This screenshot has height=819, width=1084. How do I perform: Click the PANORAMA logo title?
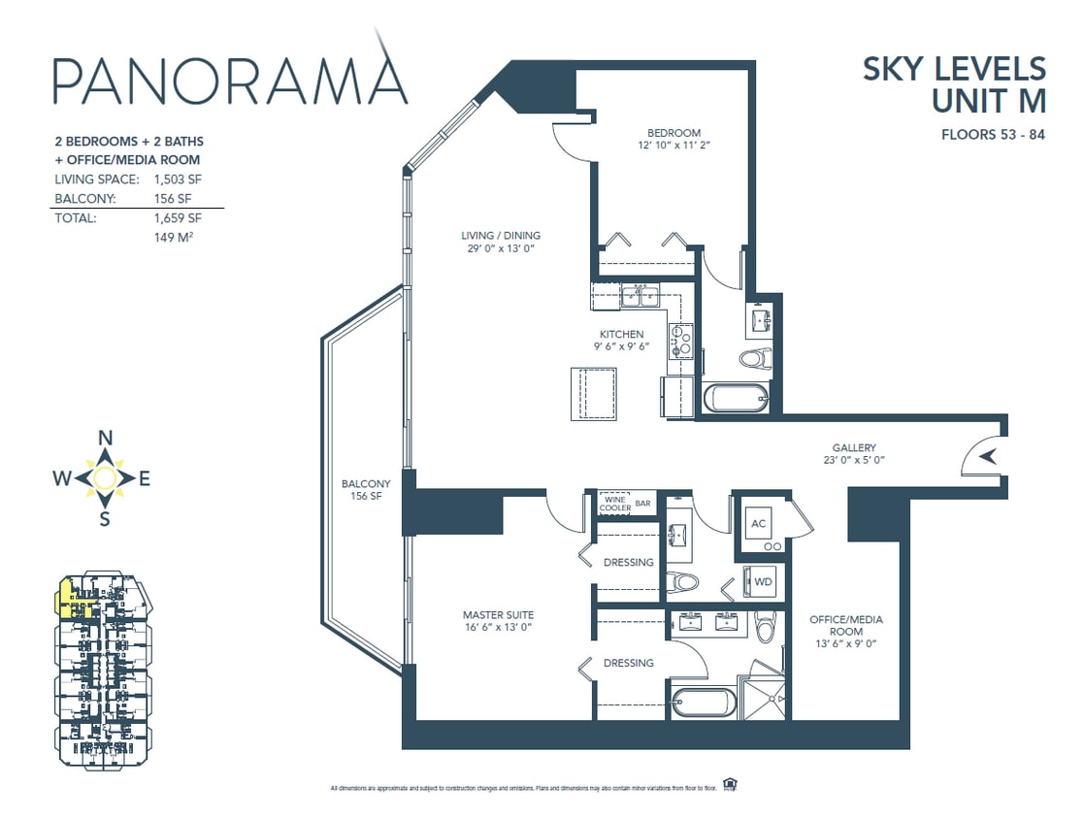tap(229, 80)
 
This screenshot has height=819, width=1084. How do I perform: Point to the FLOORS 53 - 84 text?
tap(993, 135)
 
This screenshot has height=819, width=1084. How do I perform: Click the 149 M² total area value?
tap(172, 237)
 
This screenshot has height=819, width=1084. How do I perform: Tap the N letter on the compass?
tap(106, 438)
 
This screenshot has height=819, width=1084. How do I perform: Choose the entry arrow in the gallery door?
tap(987, 456)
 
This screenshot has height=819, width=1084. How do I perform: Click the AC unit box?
tap(759, 524)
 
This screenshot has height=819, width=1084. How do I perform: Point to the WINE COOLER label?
tap(615, 503)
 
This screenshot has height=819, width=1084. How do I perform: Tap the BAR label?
tap(642, 503)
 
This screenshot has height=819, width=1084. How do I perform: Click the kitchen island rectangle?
tap(593, 393)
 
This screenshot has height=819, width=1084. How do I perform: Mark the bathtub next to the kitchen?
tap(734, 399)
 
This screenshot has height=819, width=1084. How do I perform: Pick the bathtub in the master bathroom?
tap(701, 702)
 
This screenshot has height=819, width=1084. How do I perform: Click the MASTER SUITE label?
tap(497, 614)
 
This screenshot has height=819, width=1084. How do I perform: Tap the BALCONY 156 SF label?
tap(366, 490)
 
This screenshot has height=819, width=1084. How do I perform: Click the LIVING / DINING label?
tap(500, 235)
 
